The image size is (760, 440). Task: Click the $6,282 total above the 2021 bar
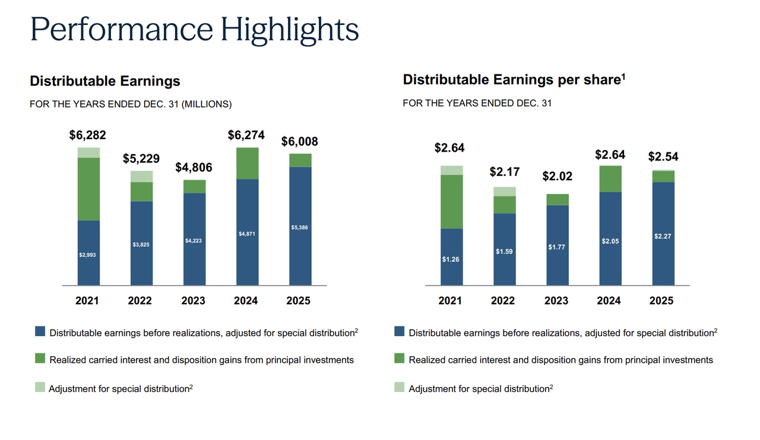click(88, 135)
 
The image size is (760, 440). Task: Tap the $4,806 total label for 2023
click(194, 168)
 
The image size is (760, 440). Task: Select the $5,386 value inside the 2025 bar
click(300, 228)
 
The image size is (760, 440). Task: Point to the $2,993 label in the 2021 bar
click(87, 254)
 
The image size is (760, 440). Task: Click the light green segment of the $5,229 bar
click(141, 176)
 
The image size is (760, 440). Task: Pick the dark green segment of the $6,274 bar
click(247, 164)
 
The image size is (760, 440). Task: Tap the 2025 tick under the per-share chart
click(661, 301)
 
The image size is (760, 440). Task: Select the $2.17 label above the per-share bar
click(504, 172)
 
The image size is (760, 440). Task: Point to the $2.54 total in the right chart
click(663, 157)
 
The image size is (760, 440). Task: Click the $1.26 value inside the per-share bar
click(450, 259)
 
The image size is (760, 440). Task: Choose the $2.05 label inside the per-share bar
click(610, 241)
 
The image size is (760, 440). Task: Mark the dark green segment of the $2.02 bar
click(557, 199)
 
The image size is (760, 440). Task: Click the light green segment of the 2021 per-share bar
click(451, 170)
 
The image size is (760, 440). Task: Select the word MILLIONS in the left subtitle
click(205, 104)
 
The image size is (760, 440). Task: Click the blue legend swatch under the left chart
click(40, 332)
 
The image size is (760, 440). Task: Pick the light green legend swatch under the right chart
click(400, 388)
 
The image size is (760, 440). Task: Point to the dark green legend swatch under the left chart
click(40, 359)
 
